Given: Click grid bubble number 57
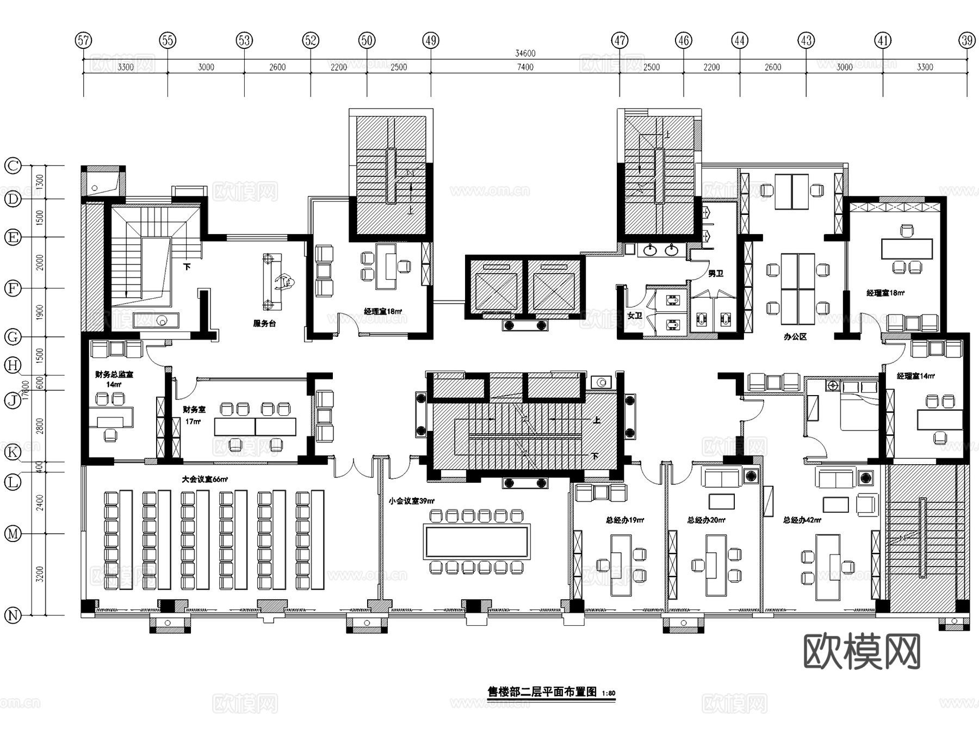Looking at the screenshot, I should (83, 40).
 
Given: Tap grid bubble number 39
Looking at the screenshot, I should (966, 40).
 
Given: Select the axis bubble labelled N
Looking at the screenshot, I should (13, 615).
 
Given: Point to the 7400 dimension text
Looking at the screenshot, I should (525, 67).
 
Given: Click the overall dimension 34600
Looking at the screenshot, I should (525, 53).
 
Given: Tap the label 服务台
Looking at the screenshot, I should (264, 323).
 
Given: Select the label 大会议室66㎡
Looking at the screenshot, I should (205, 479).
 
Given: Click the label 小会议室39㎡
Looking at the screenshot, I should (411, 501).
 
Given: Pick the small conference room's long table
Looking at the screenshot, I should (477, 541).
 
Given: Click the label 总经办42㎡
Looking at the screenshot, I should (802, 520).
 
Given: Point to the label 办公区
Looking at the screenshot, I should (795, 337).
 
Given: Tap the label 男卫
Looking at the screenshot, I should (715, 274).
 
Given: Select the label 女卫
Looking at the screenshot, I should (634, 316).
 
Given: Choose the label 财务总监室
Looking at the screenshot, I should (114, 374).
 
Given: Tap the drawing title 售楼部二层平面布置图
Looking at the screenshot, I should (542, 692).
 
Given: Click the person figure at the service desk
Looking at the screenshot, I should (284, 281).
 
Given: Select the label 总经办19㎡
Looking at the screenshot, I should (625, 520).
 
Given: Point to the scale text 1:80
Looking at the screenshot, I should (609, 693).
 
